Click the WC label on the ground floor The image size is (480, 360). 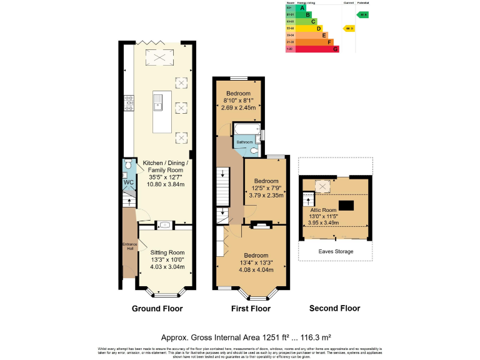click(x=128, y=182)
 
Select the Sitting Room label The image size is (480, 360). click(x=167, y=252)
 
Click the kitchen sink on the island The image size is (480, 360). click(x=158, y=101)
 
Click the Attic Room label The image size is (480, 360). click(x=324, y=210)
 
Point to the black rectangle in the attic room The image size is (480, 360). click(x=346, y=205)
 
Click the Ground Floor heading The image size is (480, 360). click(x=157, y=309)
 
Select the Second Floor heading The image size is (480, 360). click(x=335, y=309)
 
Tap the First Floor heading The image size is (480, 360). click(x=250, y=309)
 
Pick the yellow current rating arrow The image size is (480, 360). click(x=349, y=28)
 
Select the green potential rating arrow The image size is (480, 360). click(x=362, y=14)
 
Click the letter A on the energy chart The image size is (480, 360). click(x=302, y=7)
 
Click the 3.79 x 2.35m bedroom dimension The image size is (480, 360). click(x=266, y=195)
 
